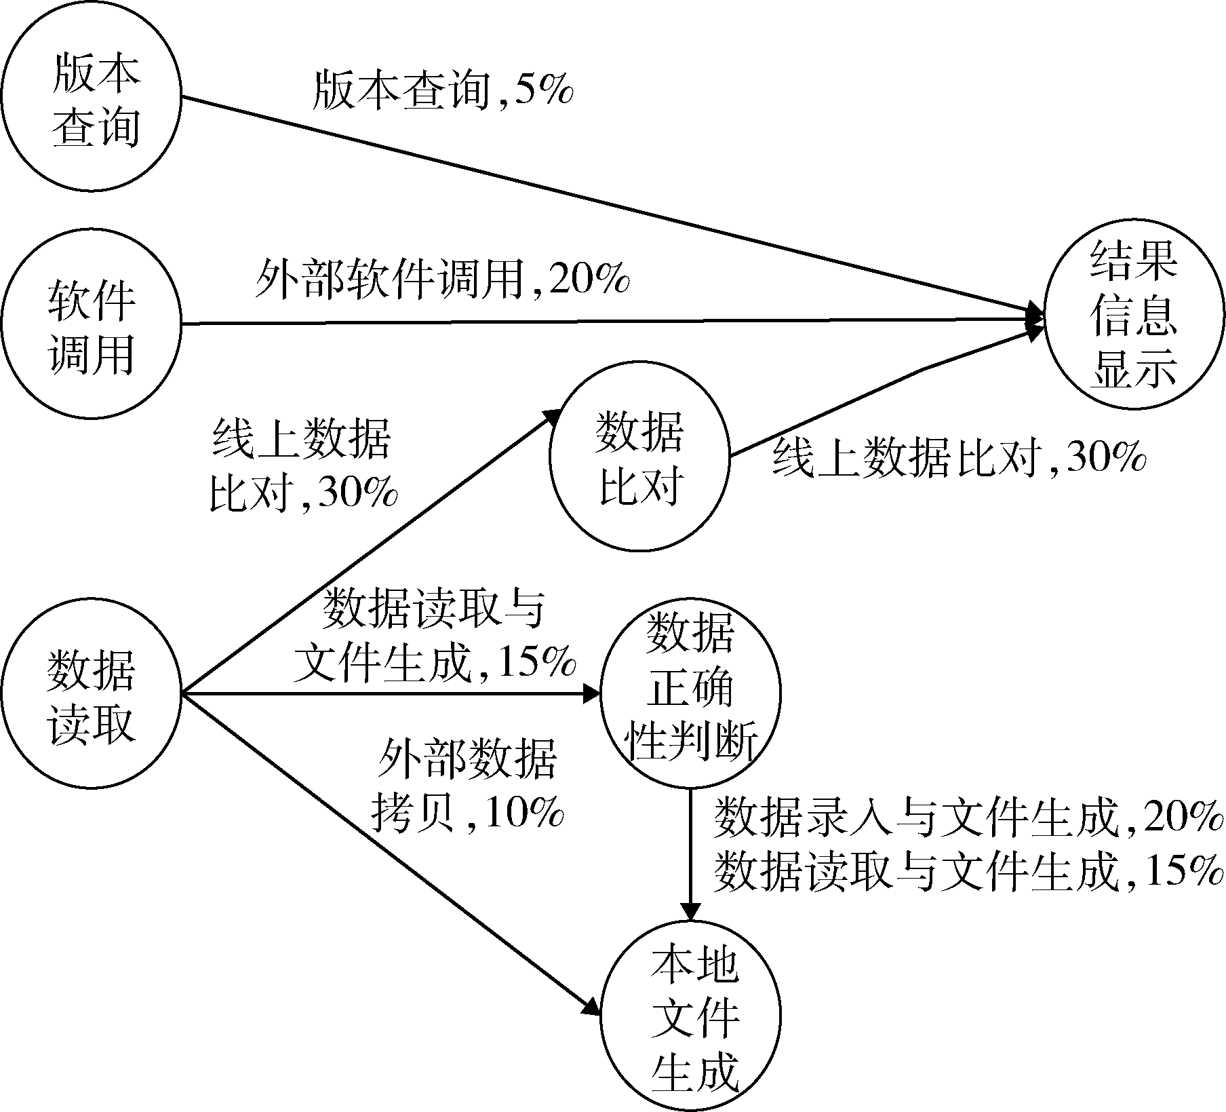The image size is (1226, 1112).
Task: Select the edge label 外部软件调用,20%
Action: point(442,278)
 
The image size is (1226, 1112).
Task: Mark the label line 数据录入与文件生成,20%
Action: point(968,818)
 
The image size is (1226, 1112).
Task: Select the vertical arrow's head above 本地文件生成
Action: point(690,911)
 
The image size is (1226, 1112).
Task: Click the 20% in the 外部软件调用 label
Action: point(589,278)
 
